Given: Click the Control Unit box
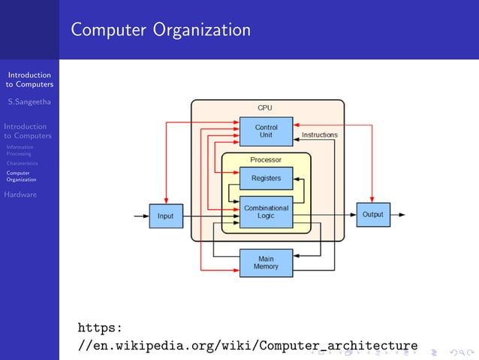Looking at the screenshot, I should (266, 132).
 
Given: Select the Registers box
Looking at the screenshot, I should (266, 178).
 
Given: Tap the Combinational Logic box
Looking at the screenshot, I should (266, 212).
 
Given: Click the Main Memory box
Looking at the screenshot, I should (266, 262).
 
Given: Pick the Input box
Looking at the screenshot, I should (165, 216).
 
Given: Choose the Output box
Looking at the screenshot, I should (372, 214).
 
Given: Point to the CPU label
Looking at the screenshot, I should (265, 107).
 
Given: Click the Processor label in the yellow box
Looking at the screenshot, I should (266, 160).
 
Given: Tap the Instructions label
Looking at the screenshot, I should (319, 135).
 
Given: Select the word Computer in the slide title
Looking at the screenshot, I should (109, 30).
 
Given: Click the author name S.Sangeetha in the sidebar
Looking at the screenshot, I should (29, 101).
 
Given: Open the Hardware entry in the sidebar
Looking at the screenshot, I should (20, 195).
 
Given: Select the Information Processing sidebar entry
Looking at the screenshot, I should (19, 150).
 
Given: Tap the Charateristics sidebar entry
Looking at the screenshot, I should (22, 163).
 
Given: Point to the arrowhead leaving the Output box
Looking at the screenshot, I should (402, 214).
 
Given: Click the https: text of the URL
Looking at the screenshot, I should (100, 328).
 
